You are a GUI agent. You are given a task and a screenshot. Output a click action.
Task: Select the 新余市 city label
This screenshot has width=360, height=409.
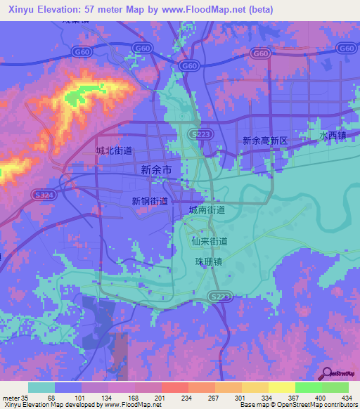click(157, 169)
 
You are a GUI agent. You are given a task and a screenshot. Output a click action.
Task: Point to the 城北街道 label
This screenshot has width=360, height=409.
click(114, 150)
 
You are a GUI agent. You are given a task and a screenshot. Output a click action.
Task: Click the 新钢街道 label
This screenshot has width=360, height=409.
click(149, 201)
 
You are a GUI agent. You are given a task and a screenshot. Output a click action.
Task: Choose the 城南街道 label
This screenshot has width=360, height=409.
click(207, 209)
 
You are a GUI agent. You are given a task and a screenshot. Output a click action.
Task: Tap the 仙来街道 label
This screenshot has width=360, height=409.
click(210, 241)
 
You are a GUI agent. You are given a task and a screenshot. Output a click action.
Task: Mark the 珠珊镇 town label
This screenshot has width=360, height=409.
click(208, 261)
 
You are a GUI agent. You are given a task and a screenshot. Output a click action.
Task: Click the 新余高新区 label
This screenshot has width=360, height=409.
click(265, 141)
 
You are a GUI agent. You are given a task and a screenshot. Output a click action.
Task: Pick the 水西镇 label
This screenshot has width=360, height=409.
click(332, 134)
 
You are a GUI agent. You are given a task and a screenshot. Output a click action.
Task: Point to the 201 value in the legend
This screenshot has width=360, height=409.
click(160, 397)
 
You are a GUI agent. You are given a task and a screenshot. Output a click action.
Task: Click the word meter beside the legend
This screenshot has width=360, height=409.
click(12, 397)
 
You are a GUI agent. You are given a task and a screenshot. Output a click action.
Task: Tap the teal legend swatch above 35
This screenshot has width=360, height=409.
click(41, 387)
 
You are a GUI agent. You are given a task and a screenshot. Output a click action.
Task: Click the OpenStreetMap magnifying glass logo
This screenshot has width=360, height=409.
click(328, 372)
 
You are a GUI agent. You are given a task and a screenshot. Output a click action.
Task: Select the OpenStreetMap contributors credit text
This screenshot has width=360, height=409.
click(310, 404)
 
